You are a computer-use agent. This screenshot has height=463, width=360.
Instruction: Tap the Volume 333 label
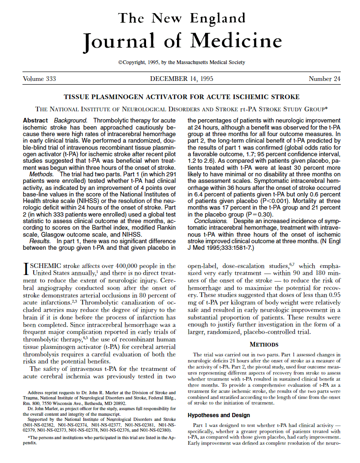[39, 79]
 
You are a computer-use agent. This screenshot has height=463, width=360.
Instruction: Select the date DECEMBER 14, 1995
[182, 79]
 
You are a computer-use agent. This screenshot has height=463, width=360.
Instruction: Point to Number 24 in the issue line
[324, 79]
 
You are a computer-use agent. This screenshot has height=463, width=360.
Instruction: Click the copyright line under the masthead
[182, 62]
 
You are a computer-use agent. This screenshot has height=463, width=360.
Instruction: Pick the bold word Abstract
[35, 121]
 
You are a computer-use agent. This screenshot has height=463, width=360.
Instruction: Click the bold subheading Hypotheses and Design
[219, 415]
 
